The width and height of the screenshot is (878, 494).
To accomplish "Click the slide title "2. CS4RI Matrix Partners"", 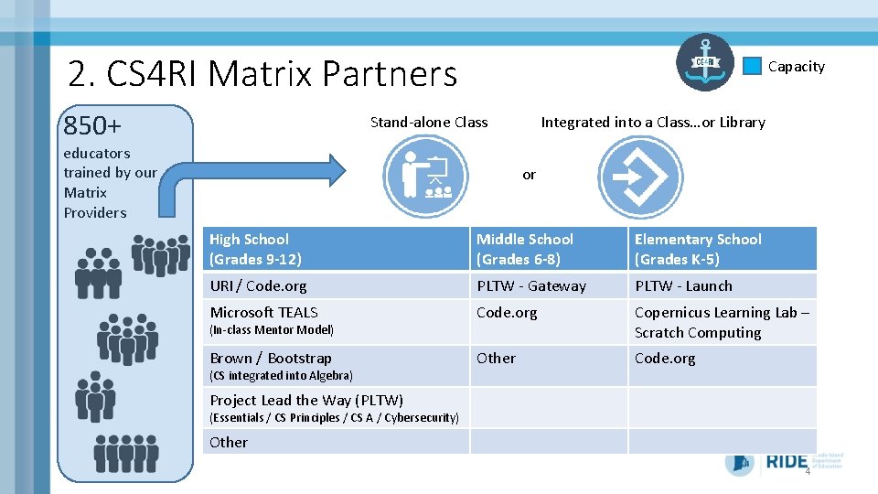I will [x=262, y=73].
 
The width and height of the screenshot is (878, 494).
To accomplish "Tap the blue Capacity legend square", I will [x=752, y=66].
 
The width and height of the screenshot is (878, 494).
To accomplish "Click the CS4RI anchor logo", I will [x=704, y=62].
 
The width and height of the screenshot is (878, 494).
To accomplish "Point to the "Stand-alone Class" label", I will [x=429, y=122].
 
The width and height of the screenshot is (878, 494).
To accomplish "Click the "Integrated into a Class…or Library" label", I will [x=653, y=122].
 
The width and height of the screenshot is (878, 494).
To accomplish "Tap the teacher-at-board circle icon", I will [x=427, y=175].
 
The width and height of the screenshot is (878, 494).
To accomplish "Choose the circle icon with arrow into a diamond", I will [x=639, y=176].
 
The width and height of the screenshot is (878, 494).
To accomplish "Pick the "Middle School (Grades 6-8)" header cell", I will [x=548, y=249].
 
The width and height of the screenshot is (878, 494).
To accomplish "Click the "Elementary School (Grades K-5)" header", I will [x=722, y=249].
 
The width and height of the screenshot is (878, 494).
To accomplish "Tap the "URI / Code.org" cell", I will [x=259, y=285].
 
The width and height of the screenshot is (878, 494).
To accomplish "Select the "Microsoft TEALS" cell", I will [x=264, y=312].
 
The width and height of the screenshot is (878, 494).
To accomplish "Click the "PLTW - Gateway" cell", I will [x=531, y=285].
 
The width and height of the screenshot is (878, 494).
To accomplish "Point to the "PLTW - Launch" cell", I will [x=683, y=285].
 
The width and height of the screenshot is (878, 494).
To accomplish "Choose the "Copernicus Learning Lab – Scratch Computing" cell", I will [x=722, y=322].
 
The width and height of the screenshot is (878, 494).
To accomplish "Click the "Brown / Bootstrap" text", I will [x=271, y=358].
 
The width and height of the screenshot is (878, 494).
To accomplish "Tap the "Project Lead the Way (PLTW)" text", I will [x=306, y=400].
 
